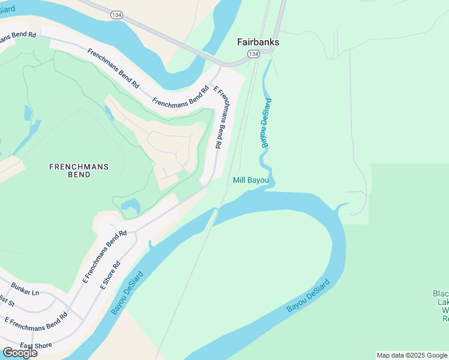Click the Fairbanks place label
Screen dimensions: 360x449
click(x=258, y=43)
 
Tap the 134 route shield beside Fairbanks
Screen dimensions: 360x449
click(x=253, y=54)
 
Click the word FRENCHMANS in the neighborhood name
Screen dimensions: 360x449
click(x=79, y=166)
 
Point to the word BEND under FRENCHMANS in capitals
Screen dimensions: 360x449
click(x=79, y=175)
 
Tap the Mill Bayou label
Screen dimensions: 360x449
click(x=251, y=180)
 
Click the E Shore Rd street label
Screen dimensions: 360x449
click(x=110, y=275)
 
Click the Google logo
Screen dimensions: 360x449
click(x=20, y=353)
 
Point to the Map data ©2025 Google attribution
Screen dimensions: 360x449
click(x=412, y=355)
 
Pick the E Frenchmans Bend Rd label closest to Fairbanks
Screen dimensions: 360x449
click(x=220, y=118)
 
